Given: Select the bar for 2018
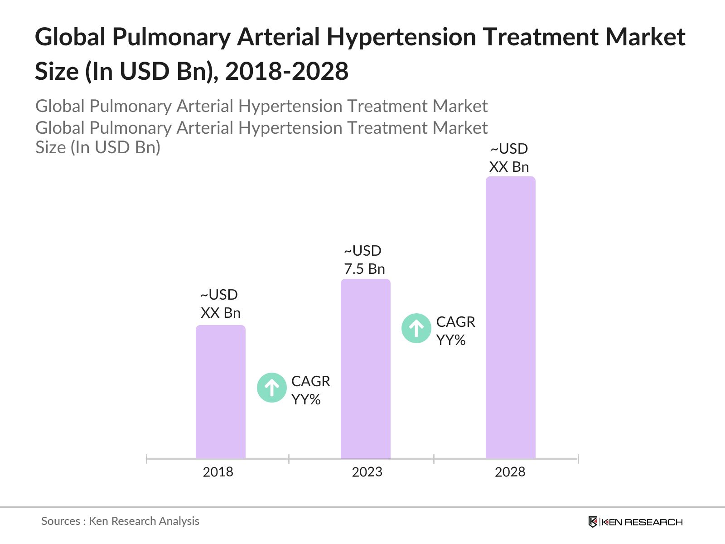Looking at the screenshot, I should [221, 392].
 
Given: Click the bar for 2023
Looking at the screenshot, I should [366, 369].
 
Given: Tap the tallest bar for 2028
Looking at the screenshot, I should [511, 317].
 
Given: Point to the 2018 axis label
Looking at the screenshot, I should [218, 472].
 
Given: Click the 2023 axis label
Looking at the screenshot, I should [367, 472].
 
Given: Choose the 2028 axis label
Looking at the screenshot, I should [510, 472].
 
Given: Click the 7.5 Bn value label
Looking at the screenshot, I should [364, 269].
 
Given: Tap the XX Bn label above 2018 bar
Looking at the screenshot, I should [221, 313].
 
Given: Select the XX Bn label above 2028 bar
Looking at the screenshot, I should [509, 167].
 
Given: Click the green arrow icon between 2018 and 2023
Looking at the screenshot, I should [271, 388].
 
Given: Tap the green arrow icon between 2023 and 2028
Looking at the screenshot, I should [416, 328].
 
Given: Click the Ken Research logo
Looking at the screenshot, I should [635, 522].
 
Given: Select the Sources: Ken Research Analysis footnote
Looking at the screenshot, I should [120, 521].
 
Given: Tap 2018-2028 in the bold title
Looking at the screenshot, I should [287, 72].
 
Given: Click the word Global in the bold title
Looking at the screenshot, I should [70, 37].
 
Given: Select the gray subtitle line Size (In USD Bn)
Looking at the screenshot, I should [98, 147].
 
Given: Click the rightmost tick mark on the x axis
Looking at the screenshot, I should [578, 459].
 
